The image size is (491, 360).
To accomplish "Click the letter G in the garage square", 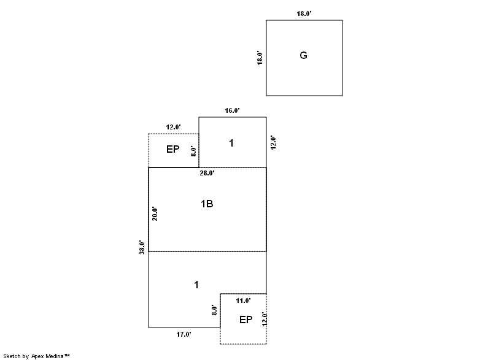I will [303, 56].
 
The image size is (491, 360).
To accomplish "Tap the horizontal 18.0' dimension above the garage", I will [304, 13].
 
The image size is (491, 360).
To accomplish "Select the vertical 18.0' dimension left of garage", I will [260, 58].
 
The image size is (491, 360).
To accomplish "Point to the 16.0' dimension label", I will [232, 111].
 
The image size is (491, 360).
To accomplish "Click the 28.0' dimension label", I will [207, 173].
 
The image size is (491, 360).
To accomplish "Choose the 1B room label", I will [207, 204].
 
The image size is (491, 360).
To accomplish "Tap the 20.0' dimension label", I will [155, 213].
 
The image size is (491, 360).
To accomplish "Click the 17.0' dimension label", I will [184, 334].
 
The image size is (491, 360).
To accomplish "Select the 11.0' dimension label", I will [243, 301].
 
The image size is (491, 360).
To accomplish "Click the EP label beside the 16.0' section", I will [173, 149].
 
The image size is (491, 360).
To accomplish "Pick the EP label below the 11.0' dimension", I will [245, 320].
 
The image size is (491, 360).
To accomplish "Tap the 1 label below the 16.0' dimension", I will [231, 144].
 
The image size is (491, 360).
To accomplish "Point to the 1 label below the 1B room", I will [196, 285].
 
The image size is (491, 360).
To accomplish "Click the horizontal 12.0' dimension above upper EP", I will [173, 128].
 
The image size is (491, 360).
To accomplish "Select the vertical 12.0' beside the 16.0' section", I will [273, 142].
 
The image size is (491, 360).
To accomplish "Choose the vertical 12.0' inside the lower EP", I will [264, 319].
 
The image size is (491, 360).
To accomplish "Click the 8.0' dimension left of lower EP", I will [214, 310].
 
